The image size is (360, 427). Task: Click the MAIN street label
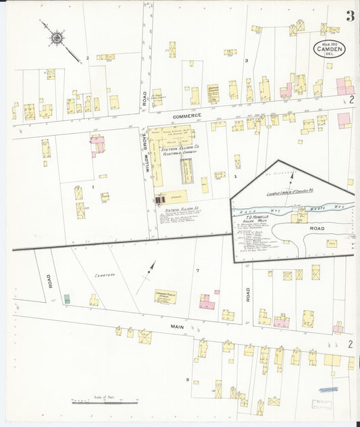[x=177, y=326]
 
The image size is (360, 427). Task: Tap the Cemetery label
[x=105, y=274]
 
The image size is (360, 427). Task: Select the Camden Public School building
[x=165, y=296]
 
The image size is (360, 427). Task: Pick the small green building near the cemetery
[x=67, y=298]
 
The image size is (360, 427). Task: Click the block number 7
[x=197, y=271]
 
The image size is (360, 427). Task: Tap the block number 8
[x=187, y=380]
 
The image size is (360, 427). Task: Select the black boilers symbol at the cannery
[x=160, y=200]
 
